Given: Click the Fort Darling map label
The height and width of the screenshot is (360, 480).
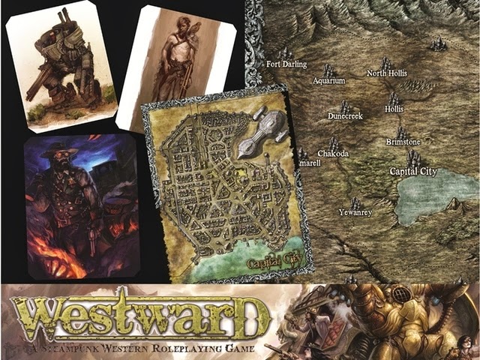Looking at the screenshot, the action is pyautogui.click(x=286, y=64).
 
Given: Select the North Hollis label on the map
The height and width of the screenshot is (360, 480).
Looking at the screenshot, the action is pyautogui.click(x=386, y=73).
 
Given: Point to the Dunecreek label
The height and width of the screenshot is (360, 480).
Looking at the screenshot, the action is pyautogui.click(x=345, y=116).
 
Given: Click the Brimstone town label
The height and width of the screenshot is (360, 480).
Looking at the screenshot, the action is pyautogui.click(x=403, y=142).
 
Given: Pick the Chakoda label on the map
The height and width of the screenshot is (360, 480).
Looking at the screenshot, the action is pyautogui.click(x=332, y=153).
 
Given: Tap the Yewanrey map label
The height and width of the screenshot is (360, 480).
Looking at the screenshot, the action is pyautogui.click(x=355, y=212).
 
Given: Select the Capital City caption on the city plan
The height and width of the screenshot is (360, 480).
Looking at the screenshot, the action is pyautogui.click(x=266, y=263).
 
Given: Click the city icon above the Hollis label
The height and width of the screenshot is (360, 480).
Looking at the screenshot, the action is pyautogui.click(x=394, y=98).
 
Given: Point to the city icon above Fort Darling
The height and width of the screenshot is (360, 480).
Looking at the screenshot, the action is pyautogui.click(x=285, y=52).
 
